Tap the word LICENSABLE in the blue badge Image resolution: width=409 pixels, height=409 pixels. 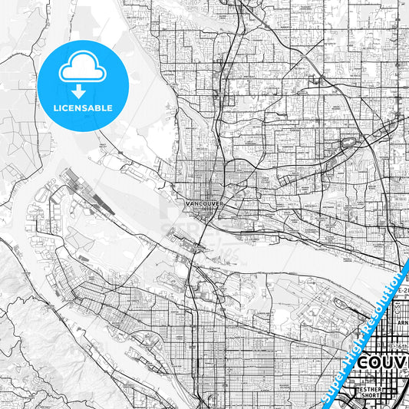[83, 108]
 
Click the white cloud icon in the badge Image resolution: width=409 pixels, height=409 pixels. [83, 69]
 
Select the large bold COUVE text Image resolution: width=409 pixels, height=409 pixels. [384, 362]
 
